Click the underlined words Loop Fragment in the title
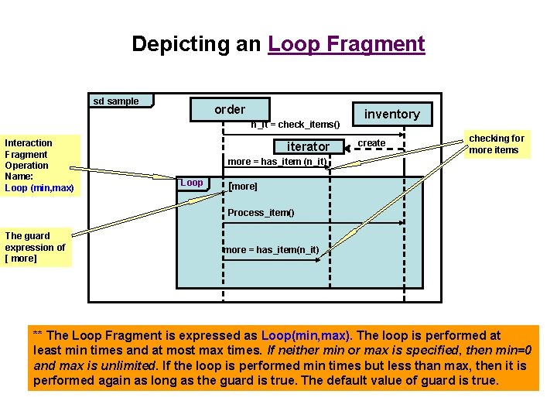coord(347,44)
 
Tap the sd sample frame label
coord(117,101)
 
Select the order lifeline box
coord(230,110)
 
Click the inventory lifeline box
coord(391,115)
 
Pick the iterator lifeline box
coord(308,146)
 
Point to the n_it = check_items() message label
coord(296,125)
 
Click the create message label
coord(371,143)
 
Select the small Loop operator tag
coord(191,183)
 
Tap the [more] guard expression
coord(243,187)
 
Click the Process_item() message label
coord(261,212)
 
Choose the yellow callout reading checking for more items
coord(497,144)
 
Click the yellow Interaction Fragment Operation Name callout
coord(39,165)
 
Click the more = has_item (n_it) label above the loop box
coord(277,162)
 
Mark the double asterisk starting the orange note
coord(38,336)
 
